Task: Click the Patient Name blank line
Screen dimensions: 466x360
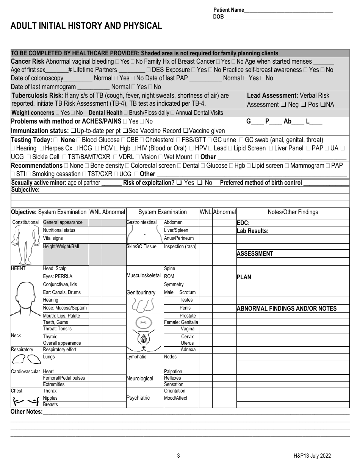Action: pyautogui.click(x=288, y=11)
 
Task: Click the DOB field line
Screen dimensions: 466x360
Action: pyautogui.click(x=279, y=17)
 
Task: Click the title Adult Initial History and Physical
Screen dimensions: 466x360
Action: pyautogui.click(x=86, y=26)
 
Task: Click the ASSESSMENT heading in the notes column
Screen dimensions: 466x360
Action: pyautogui.click(x=255, y=254)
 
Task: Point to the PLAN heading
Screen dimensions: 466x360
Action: pyautogui.click(x=244, y=277)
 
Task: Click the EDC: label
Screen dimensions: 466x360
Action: pyautogui.click(x=243, y=223)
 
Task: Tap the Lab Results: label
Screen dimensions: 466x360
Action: pyautogui.click(x=252, y=231)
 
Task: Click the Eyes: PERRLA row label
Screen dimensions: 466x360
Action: pyautogui.click(x=58, y=277)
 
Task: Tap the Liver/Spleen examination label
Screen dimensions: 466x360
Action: pyautogui.click(x=176, y=230)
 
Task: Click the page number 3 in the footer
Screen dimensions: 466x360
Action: pyautogui.click(x=178, y=456)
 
